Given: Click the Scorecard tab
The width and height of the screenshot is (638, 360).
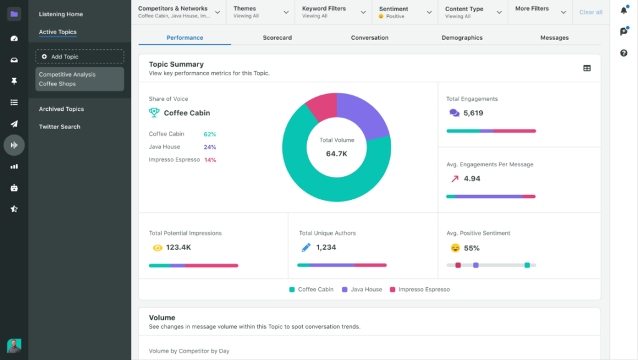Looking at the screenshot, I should pos(277,38).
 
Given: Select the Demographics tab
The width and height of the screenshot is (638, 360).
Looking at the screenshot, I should pos(462,38).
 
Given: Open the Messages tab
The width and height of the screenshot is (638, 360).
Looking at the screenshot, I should pos(554,38).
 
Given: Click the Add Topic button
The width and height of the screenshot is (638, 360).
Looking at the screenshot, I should pos(80,57).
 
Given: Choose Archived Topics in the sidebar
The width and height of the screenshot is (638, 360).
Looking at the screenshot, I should pos(61,109).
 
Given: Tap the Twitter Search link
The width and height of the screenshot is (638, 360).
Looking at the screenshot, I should pos(59,126).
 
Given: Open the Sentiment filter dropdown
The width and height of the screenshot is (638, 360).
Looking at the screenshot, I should pos(405,12).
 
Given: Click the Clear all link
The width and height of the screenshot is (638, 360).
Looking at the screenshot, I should pos(591,12).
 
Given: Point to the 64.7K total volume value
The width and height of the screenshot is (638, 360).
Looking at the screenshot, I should pos(336,153).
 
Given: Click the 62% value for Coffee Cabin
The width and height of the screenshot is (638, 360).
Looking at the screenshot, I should pos(210,134).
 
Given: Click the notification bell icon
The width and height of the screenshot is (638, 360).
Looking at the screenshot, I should pos(624,11).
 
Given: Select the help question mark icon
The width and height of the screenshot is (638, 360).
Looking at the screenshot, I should pos(624,53).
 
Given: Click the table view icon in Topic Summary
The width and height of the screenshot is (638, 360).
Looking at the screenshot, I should pos(587,69).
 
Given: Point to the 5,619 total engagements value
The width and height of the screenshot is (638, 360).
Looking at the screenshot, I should pos(474,113).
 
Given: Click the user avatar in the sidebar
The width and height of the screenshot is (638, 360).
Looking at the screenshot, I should pos(14,346).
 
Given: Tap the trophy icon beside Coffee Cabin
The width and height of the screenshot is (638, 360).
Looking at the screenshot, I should pos(154,113).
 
